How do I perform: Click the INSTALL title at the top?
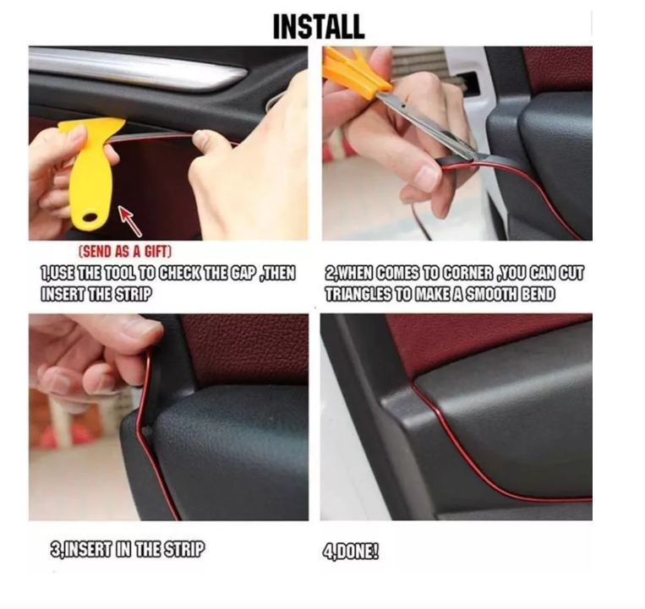[318, 26]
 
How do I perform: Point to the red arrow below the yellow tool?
[129, 221]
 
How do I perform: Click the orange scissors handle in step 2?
[355, 71]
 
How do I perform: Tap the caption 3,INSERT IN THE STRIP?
[127, 550]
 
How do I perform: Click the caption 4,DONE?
[352, 552]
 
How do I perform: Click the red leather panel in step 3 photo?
[245, 346]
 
